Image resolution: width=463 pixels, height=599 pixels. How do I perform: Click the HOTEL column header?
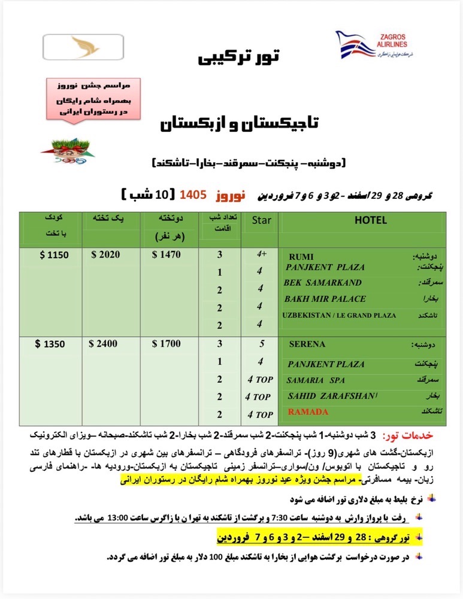(x=371, y=220)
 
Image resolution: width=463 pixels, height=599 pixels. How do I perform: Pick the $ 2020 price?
(x=106, y=255)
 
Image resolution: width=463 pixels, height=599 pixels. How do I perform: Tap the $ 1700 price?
(x=166, y=344)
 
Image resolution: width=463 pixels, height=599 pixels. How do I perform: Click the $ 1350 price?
(x=50, y=344)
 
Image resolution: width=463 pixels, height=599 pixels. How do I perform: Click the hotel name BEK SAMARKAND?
(x=323, y=282)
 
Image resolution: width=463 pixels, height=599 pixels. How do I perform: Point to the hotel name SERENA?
(x=307, y=344)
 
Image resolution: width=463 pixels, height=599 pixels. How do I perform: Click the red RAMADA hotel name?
(x=308, y=412)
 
